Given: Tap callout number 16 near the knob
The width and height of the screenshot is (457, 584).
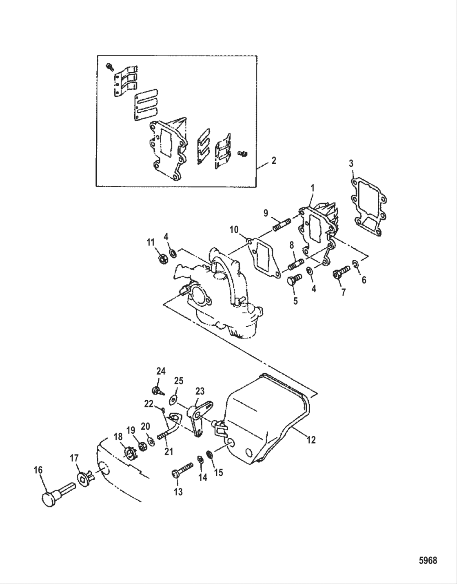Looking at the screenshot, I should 38,470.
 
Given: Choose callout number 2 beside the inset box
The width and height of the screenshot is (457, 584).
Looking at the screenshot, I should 273,160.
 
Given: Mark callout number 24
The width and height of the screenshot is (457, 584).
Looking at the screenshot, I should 161,371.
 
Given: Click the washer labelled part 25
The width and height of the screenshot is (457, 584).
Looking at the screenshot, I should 174,399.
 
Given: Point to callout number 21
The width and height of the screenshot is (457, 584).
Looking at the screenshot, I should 169,452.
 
